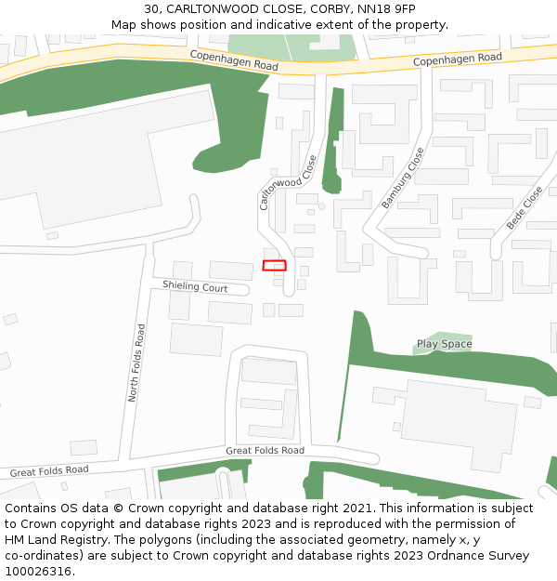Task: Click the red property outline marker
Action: [274, 266]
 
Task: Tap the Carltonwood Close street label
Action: [288, 182]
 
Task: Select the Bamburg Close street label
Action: [402, 178]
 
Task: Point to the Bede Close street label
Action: [525, 208]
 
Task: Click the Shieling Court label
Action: [195, 287]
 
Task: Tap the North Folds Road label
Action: [136, 363]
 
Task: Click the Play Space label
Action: [444, 344]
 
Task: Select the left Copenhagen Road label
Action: [234, 61]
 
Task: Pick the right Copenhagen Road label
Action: [457, 59]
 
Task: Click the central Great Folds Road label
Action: [265, 451]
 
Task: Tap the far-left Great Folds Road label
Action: [49, 471]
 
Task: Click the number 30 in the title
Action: [151, 9]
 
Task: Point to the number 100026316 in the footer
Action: [39, 572]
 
